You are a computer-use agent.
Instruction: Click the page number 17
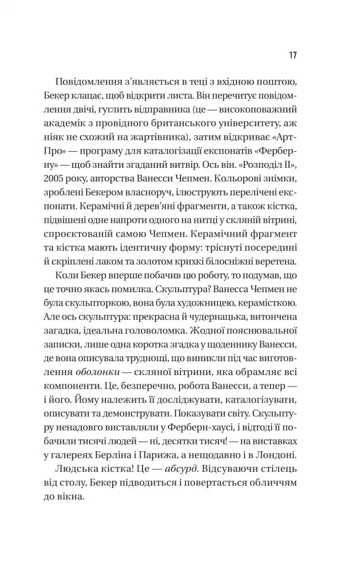[x=293, y=55]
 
